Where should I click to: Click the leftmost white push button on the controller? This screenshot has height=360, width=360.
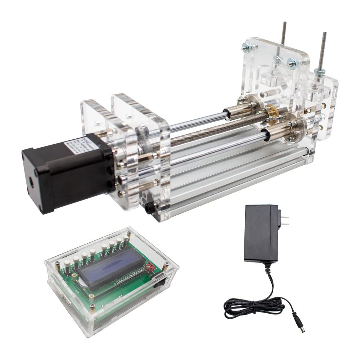(x=67, y=265)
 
